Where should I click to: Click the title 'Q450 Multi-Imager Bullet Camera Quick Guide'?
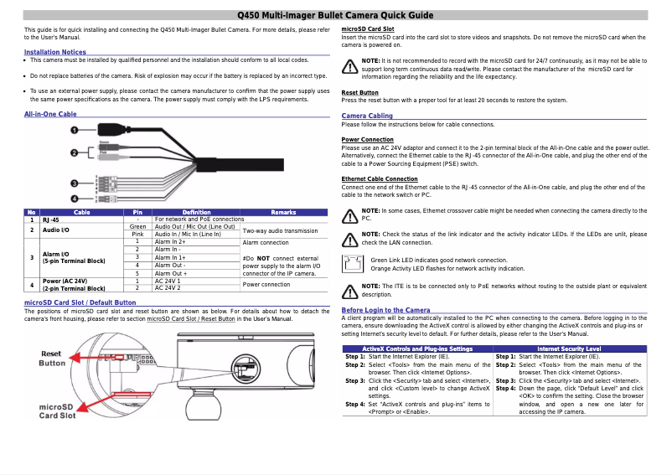(x=335, y=15)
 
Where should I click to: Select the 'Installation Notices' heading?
(x=55, y=52)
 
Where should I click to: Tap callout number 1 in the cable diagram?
(x=75, y=131)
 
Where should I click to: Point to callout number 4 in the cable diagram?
(x=75, y=199)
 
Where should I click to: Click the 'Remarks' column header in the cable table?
(x=283, y=212)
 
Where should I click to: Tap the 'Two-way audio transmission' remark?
(x=279, y=230)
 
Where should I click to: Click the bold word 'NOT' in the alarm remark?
(x=263, y=258)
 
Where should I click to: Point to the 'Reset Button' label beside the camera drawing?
(x=52, y=359)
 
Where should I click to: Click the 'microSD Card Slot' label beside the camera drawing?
(x=58, y=410)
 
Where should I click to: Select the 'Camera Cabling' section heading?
(x=367, y=116)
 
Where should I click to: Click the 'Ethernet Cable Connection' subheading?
(x=380, y=178)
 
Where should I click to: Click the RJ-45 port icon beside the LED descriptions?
(x=353, y=264)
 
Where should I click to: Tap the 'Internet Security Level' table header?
(x=569, y=348)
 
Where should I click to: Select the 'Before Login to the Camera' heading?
(x=386, y=310)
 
